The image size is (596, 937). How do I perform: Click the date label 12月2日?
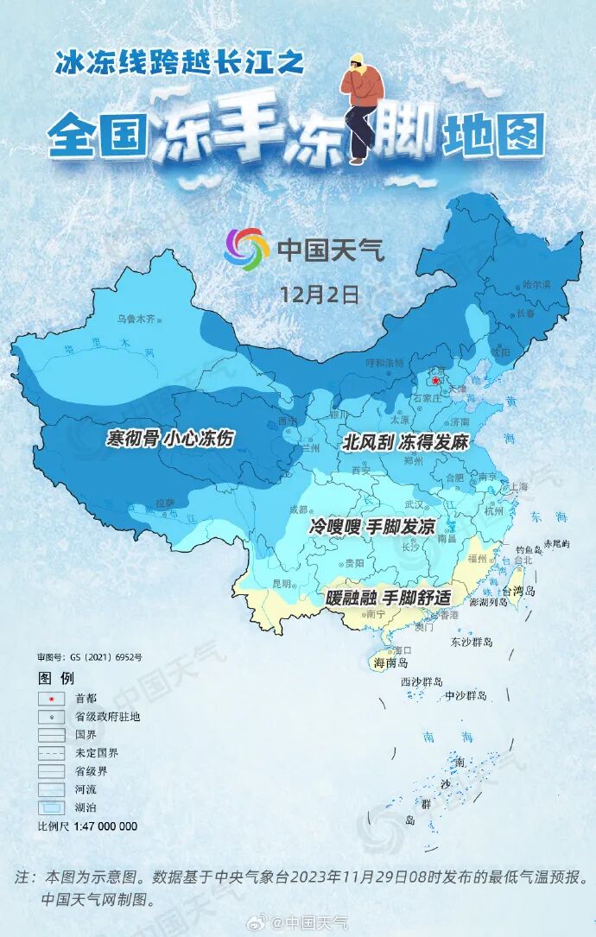click(x=319, y=293)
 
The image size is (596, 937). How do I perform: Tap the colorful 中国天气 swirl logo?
click(x=246, y=250)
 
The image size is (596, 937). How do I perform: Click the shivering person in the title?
click(x=363, y=104)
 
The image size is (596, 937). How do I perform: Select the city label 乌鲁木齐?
click(x=137, y=319)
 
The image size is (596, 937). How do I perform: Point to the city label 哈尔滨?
click(x=536, y=285)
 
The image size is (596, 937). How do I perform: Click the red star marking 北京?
click(x=435, y=381)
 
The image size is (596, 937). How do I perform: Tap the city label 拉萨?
click(x=164, y=502)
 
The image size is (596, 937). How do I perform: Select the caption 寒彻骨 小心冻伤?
click(x=170, y=438)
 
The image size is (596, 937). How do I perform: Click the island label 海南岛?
click(x=390, y=663)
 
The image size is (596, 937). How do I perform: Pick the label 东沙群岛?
click(x=471, y=643)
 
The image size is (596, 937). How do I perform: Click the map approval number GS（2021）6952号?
click(x=90, y=657)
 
